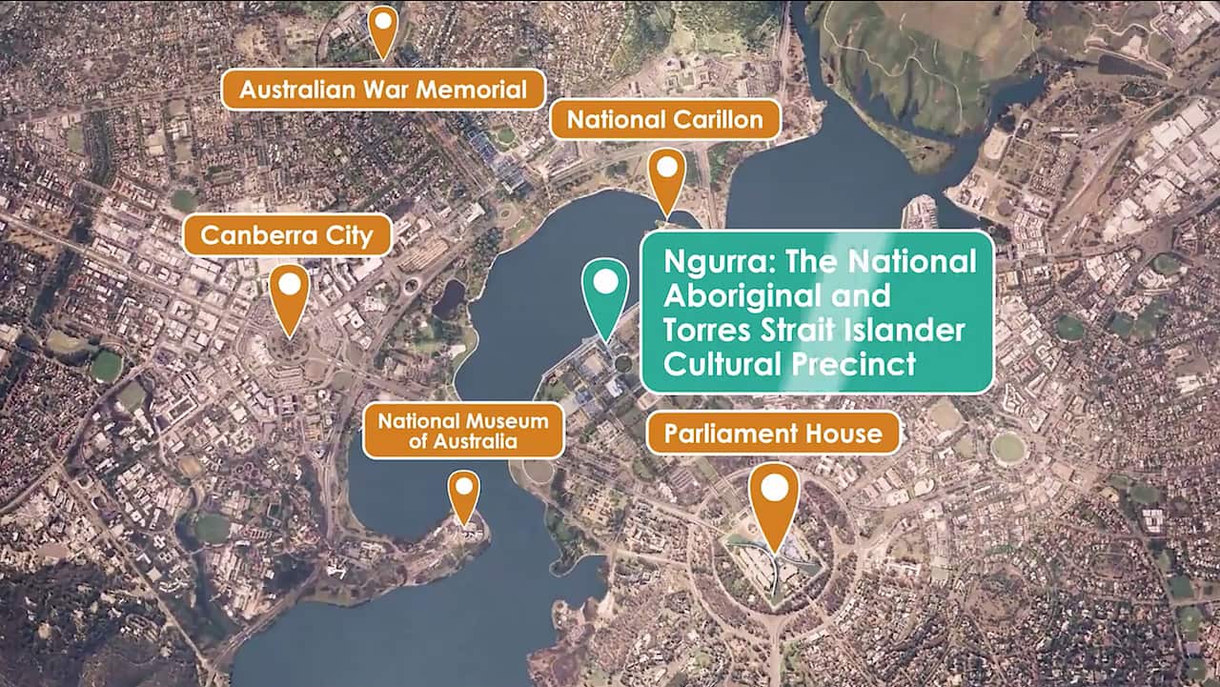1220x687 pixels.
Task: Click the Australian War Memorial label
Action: point(383,90)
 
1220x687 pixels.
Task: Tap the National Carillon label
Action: point(664,119)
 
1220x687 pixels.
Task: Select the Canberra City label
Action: point(287,234)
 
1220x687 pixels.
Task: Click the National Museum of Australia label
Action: point(463,431)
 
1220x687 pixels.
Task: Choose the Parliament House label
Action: point(773,434)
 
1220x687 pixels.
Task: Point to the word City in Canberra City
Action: point(351,234)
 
